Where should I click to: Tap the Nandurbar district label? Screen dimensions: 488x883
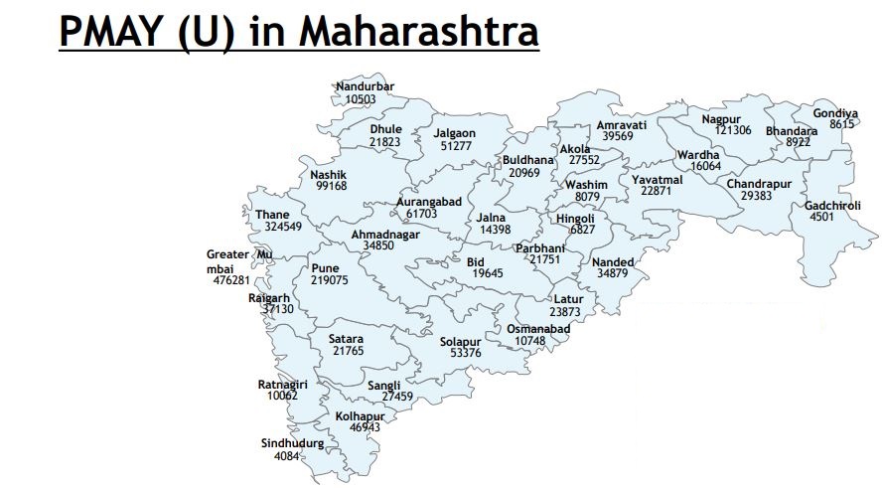coord(365,86)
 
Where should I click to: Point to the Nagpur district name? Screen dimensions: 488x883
coord(721,119)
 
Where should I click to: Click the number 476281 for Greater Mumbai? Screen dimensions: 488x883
coord(231,280)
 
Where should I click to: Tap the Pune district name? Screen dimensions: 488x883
coord(325,268)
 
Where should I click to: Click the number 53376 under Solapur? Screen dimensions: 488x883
coord(465,353)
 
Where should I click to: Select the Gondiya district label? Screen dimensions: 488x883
coord(835,112)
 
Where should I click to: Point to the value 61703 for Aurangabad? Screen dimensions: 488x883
coord(421,214)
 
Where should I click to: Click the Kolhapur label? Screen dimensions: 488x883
coord(360,415)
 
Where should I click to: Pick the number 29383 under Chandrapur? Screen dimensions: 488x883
coord(762,196)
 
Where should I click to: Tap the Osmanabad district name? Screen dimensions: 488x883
coord(537,329)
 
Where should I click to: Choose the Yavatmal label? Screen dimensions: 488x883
coord(657,179)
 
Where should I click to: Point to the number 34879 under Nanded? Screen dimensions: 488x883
coord(612,273)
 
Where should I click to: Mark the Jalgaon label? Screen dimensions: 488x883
coord(455,133)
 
